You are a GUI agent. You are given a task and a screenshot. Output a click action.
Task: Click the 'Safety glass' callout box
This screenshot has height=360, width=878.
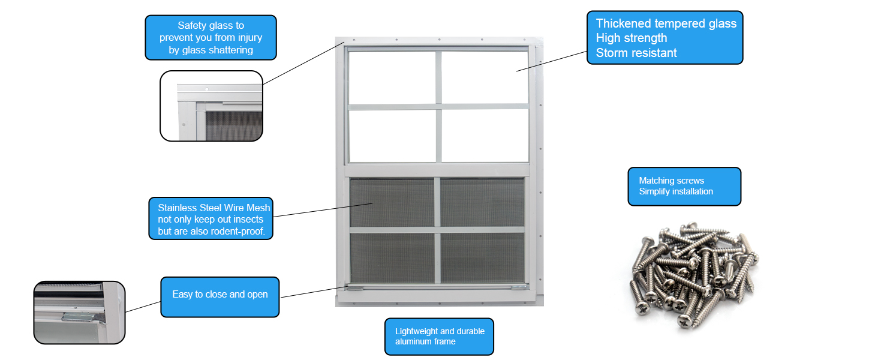coord(211,38)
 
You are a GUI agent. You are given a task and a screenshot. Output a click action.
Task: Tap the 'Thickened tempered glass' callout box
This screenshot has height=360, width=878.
coord(664,38)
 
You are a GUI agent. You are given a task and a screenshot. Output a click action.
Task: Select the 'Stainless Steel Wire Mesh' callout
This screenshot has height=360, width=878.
coord(211,218)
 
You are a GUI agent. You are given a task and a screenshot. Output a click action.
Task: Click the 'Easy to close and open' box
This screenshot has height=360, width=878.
coord(220,297)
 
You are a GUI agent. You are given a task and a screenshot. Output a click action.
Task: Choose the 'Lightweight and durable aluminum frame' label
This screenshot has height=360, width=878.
coord(439,337)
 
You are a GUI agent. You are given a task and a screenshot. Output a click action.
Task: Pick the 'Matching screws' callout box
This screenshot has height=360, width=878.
coord(684,187)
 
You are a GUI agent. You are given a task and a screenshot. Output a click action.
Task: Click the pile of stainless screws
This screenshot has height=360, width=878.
coord(694,275)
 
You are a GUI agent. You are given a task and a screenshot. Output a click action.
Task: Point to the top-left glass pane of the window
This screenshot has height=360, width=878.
coord(392,77)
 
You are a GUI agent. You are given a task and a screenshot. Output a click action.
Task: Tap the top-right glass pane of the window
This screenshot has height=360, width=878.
coord(485,77)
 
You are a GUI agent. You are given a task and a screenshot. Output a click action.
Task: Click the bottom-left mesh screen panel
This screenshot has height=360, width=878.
coord(392,257)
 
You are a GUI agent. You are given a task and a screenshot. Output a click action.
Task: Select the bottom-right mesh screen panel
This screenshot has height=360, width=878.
coord(483,257)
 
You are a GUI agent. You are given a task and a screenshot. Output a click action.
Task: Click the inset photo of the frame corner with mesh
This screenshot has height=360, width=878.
coord(211,106)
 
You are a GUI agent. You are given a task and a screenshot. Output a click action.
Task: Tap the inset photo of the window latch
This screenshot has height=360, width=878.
coord(80,313)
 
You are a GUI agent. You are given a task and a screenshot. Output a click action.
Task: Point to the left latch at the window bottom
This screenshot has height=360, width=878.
coord(354,288)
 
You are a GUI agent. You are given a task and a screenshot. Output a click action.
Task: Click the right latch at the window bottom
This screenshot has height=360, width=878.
coord(519,288)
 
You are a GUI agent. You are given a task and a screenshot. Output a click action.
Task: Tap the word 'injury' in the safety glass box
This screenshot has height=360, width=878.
coord(250,38)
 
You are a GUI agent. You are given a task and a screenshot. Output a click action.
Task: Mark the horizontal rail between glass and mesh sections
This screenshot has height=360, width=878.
coord(437,170)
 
